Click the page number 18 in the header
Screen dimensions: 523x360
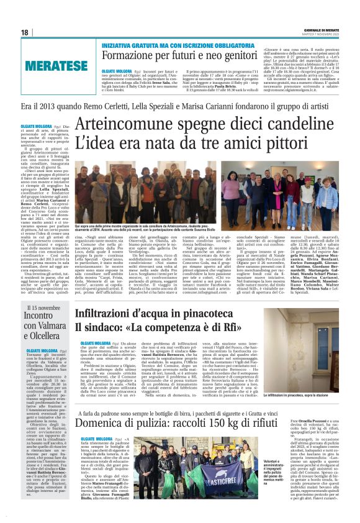(x=25, y=32)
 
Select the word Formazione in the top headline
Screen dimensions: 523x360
(x=125, y=55)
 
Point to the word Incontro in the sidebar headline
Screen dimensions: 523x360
(x=40, y=316)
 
